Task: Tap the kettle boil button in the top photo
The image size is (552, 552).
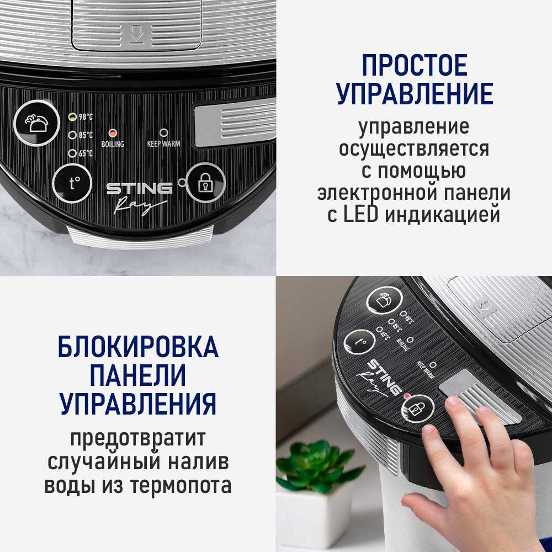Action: (x=36, y=123)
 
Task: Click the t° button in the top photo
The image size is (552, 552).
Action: (x=72, y=183)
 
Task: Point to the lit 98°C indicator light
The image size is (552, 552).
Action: (x=72, y=117)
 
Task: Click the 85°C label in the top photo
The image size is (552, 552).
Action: (x=86, y=135)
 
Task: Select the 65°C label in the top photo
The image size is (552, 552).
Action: (x=86, y=153)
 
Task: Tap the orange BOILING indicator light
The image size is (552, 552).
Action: (x=113, y=134)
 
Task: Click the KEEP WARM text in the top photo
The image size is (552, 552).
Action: (x=164, y=144)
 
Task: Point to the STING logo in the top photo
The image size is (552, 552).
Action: (x=140, y=188)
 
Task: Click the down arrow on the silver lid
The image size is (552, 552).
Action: (x=136, y=34)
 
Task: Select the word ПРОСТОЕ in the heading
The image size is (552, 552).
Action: (x=415, y=65)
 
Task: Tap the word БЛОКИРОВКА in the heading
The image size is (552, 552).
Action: (x=138, y=347)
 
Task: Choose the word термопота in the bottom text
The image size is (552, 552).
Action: (x=181, y=485)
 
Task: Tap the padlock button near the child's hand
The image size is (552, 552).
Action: (x=418, y=408)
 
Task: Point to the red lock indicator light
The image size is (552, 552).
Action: (x=407, y=396)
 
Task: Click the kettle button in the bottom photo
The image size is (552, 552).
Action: (x=384, y=300)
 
